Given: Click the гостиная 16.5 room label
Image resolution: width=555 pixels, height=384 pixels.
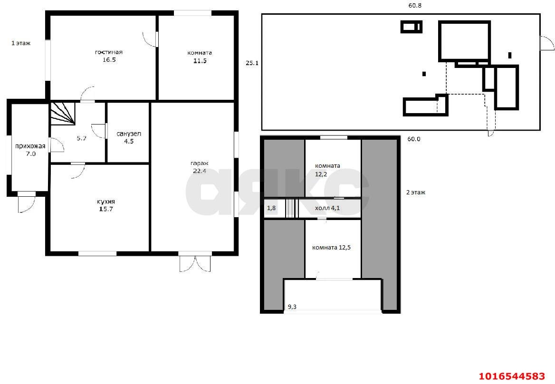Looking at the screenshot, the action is (109, 56).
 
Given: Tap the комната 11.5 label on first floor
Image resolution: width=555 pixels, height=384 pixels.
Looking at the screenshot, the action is (200, 57).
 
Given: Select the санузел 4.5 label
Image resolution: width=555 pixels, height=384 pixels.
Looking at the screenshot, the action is (129, 137).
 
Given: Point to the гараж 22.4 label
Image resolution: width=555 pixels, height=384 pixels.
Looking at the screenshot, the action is (199, 167).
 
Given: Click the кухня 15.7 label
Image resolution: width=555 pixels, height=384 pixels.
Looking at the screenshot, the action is (106, 205).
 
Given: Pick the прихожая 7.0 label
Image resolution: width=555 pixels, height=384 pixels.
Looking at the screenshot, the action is (30, 150).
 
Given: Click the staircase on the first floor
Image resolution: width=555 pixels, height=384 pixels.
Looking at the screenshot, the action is (62, 114).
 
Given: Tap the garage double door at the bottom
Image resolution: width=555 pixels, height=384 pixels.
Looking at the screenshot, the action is (195, 263).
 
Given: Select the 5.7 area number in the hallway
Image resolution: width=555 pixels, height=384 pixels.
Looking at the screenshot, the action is (82, 138).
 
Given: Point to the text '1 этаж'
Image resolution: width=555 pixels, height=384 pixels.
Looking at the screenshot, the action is (21, 43).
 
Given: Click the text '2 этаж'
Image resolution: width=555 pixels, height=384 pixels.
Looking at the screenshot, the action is (416, 192).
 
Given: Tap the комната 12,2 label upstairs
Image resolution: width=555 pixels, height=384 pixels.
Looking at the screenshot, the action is (327, 170).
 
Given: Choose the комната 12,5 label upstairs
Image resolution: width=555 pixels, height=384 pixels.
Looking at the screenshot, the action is (331, 248).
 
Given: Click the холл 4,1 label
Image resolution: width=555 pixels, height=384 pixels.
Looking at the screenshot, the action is (327, 208).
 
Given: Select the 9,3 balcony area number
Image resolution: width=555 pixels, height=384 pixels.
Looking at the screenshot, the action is (292, 307).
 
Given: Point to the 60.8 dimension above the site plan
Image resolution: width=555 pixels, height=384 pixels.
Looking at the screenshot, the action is (415, 6).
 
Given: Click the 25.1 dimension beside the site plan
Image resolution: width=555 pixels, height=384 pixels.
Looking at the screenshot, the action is (252, 63).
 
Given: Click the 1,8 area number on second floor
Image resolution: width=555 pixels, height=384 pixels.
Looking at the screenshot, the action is (271, 208).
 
